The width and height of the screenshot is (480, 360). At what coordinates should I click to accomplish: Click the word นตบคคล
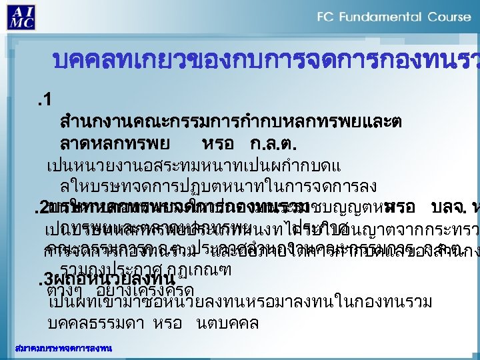click(x=225, y=323)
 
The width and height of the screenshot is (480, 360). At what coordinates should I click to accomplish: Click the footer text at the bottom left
click(x=64, y=348)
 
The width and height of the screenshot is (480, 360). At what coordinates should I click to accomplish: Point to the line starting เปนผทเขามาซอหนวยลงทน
click(x=241, y=302)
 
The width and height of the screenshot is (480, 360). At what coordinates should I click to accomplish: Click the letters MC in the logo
click(x=22, y=23)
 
